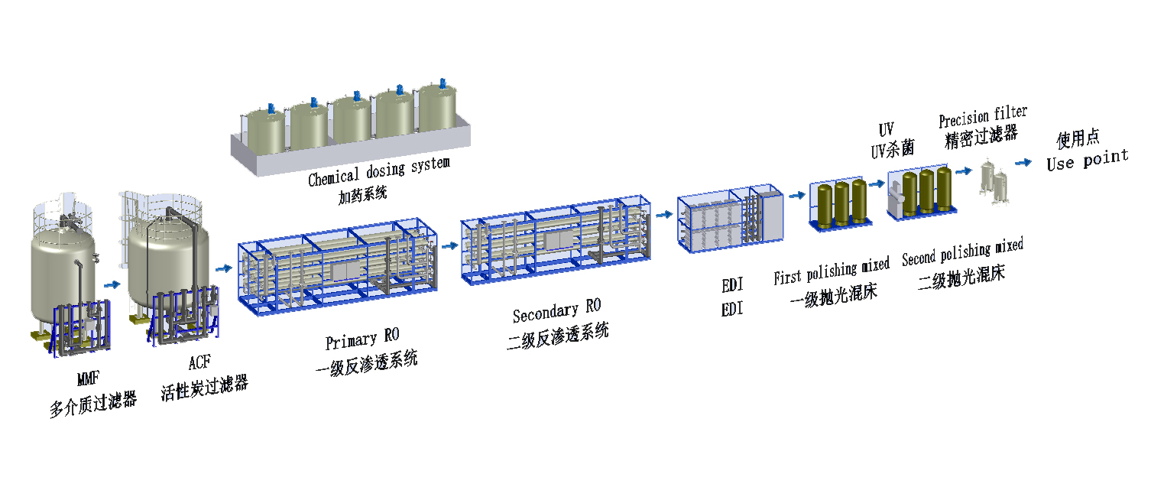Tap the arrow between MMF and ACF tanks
pos(112,284)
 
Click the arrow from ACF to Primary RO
pos(224,268)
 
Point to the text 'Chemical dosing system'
pos(378,171)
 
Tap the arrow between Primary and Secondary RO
pos(449,246)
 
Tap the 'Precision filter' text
pos(983,118)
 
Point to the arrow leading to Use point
pos(1022,162)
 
